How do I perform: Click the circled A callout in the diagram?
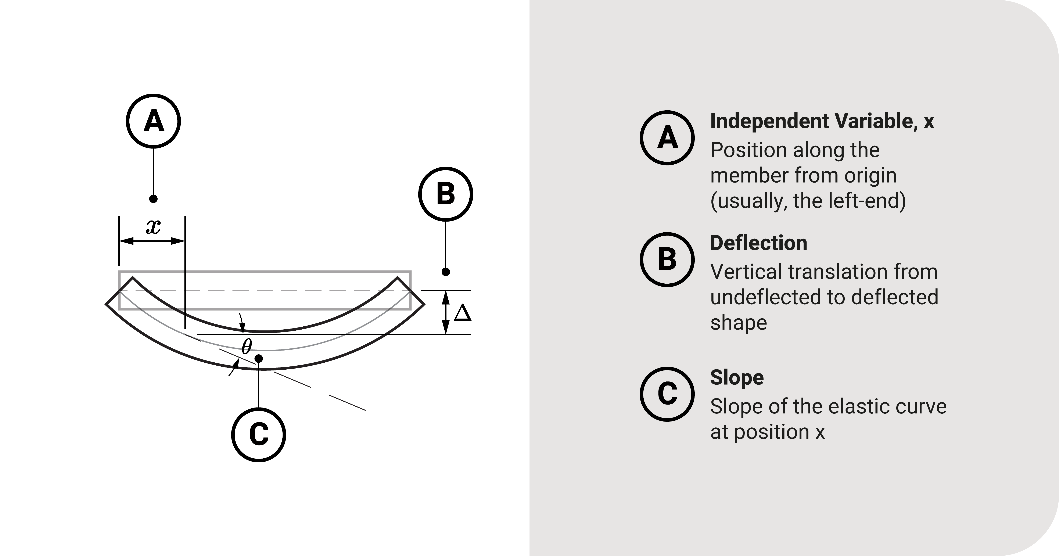click(x=153, y=121)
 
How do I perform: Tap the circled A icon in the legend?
click(x=667, y=138)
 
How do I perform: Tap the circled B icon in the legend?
click(x=667, y=259)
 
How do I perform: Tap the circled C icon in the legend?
click(x=667, y=394)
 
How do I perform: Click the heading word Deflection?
click(x=758, y=243)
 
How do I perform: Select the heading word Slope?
click(x=737, y=377)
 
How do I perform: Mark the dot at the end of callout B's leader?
click(x=446, y=272)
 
